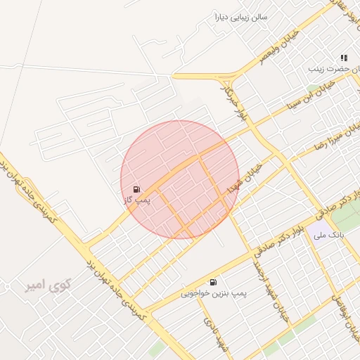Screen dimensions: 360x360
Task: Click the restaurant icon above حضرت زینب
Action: pyautogui.click(x=343, y=58)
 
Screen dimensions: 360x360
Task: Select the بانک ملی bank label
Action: pyautogui.click(x=329, y=238)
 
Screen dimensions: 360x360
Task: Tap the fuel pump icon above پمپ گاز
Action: pyautogui.click(x=136, y=189)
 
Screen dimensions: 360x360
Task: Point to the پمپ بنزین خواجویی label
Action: pyautogui.click(x=210, y=293)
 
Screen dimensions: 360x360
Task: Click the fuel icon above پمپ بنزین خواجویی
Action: pyautogui.click(x=213, y=281)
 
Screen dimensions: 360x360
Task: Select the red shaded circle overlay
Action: pyautogui.click(x=180, y=180)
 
